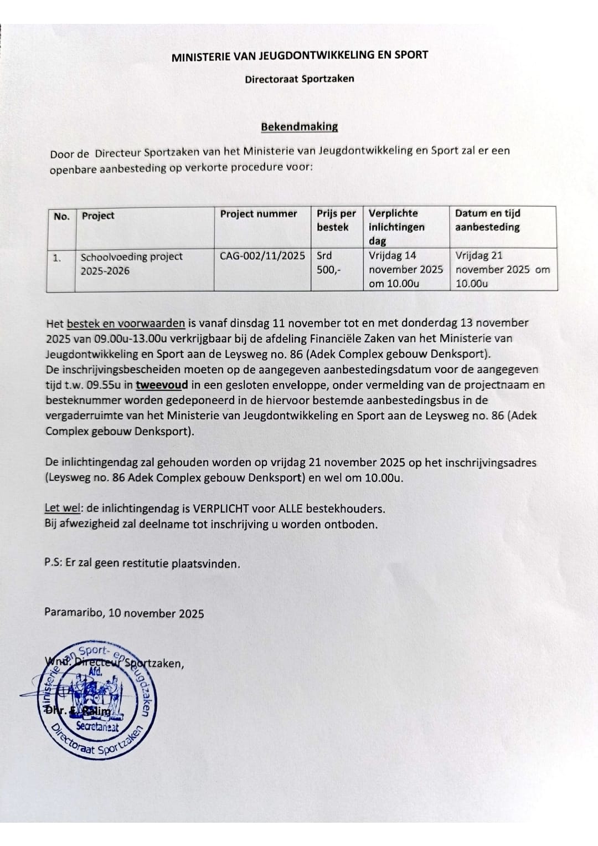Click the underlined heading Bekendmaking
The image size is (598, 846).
click(299, 126)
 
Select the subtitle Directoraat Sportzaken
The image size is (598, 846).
click(299, 79)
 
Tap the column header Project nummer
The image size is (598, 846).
click(259, 214)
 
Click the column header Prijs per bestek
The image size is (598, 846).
click(336, 220)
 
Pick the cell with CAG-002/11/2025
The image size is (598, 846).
click(262, 256)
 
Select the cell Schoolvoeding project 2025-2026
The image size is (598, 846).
click(132, 264)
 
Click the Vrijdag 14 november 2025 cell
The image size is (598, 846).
click(405, 269)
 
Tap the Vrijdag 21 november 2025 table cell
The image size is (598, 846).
click(503, 269)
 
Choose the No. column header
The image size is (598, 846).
click(61, 216)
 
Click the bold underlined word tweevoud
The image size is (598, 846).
click(162, 385)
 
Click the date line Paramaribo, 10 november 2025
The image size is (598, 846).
click(124, 613)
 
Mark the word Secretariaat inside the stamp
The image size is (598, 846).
click(97, 726)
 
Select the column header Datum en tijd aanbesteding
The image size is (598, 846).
click(487, 220)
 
